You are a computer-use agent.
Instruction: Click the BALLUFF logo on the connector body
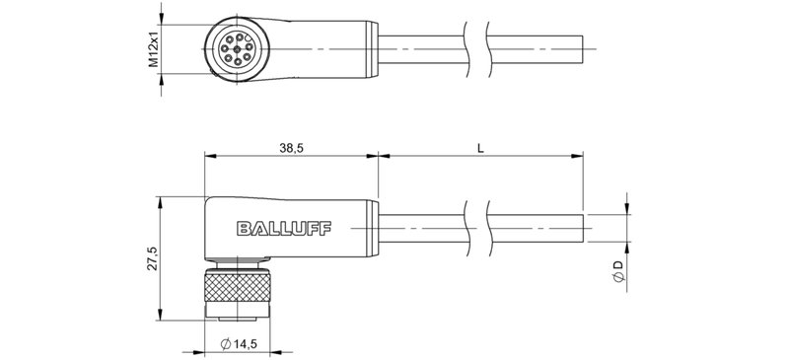coord(284,229)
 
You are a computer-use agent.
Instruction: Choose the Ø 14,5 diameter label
coord(242,343)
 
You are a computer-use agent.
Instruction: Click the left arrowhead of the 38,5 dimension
coord(208,156)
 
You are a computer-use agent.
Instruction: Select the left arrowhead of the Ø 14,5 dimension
coord(208,351)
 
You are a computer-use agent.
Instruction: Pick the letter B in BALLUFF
coord(242,229)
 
